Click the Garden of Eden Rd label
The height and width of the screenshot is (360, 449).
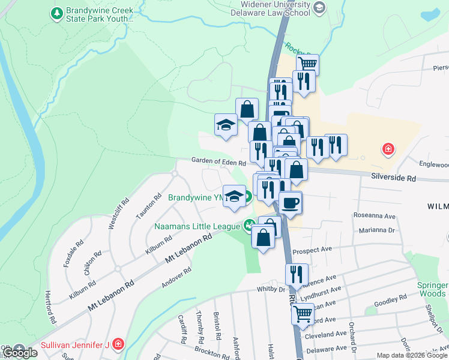point(218,162)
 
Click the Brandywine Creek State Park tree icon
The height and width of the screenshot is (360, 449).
point(56,13)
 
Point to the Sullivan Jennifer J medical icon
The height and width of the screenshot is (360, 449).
point(119,344)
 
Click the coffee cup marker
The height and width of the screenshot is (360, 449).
point(290,202)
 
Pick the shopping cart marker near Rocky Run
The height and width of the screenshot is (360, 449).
point(307,63)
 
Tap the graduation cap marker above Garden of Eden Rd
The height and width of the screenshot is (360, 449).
point(226,124)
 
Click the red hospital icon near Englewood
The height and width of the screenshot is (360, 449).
point(388,148)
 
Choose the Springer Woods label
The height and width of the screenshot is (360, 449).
point(433,289)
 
